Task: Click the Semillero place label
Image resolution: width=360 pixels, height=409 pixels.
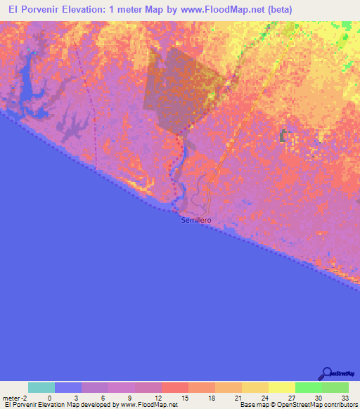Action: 196,220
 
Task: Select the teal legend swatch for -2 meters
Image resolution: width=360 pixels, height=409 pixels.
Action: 41,387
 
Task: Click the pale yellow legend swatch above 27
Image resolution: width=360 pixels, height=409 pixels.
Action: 281,387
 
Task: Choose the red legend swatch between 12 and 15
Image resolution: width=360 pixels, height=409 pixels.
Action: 174,387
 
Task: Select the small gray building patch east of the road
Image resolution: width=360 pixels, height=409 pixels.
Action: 284,135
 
